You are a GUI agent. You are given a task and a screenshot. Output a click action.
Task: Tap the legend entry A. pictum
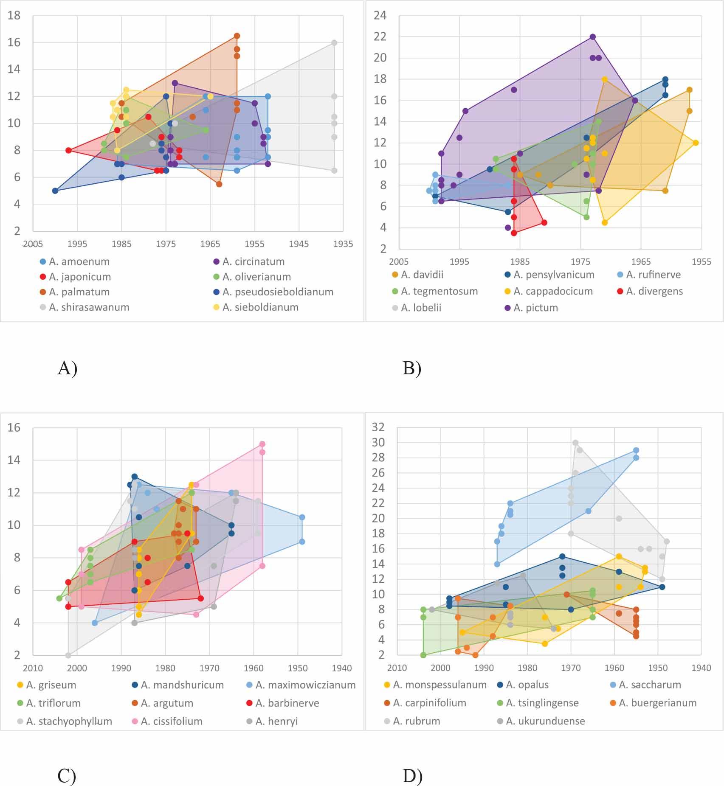pyautogui.click(x=535, y=308)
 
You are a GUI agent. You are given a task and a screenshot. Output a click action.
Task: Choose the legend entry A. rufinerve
pyautogui.click(x=653, y=275)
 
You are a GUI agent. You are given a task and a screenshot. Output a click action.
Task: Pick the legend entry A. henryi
pyautogui.click(x=276, y=721)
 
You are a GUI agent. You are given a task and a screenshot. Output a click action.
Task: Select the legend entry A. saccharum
pyautogui.click(x=650, y=685)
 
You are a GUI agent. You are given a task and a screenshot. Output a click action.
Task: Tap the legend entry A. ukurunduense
pyautogui.click(x=545, y=721)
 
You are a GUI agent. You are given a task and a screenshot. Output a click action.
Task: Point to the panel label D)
pyautogui.click(x=412, y=776)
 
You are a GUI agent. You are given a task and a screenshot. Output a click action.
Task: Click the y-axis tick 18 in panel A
pyautogui.click(x=14, y=16)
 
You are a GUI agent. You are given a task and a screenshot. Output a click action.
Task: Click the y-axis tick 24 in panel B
pyautogui.click(x=380, y=16)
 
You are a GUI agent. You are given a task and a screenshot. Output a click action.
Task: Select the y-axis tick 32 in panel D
pyautogui.click(x=378, y=427)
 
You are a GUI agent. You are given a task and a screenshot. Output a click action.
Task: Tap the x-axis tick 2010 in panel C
pyautogui.click(x=33, y=668)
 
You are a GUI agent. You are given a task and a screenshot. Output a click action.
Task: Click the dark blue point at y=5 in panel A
pyautogui.click(x=55, y=191)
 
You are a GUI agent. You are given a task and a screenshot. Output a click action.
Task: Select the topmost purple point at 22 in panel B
pyautogui.click(x=593, y=37)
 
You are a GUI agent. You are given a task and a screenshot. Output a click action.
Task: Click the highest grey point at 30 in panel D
pyautogui.click(x=575, y=443)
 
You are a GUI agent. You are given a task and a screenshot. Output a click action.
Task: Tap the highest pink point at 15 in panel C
pyautogui.click(x=262, y=444)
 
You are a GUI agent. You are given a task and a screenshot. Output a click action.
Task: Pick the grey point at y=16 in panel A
pyautogui.click(x=334, y=43)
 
